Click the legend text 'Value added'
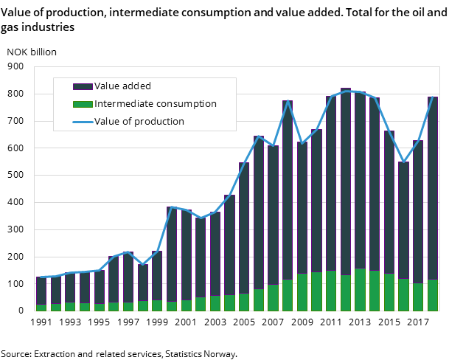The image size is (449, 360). coord(122,86)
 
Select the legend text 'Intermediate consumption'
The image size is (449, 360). coord(155,104)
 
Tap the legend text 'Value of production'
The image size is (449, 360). coord(139,122)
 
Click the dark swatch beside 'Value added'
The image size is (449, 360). coord(83,87)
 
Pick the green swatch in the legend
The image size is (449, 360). coord(83,104)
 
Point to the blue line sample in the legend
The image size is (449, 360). coord(83,122)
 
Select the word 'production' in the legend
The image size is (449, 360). coord(159,122)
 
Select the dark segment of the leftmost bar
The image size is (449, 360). coord(41,291)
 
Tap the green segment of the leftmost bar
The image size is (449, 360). coord(41,308)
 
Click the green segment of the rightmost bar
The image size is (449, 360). coord(433,295)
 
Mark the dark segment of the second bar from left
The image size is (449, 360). coord(55,289)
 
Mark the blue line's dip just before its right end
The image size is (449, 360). coord(403,162)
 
